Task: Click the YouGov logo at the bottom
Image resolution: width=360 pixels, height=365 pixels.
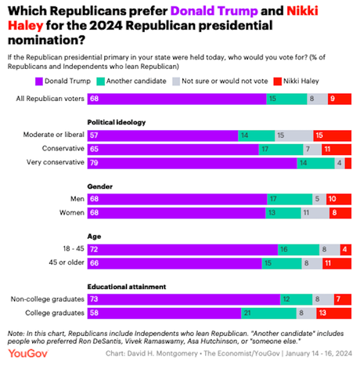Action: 23,353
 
